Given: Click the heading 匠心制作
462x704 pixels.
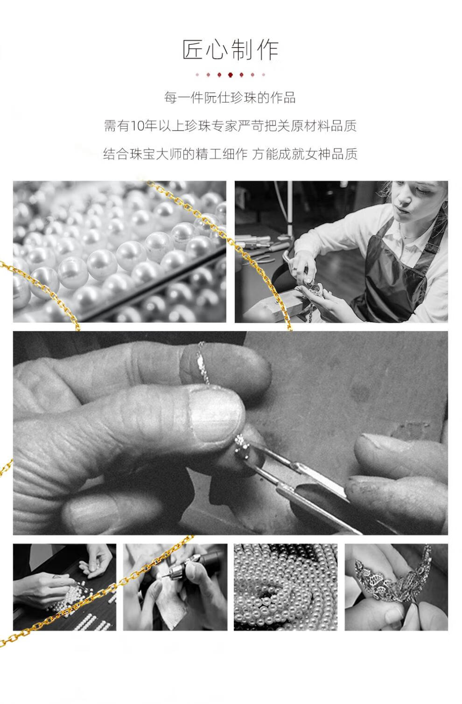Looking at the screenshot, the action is tap(231, 49).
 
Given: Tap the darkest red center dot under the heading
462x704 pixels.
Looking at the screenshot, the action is tap(230, 75).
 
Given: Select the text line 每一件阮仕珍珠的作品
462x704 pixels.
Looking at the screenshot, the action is tap(230, 98).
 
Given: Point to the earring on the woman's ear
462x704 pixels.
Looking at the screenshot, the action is tap(445, 206).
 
